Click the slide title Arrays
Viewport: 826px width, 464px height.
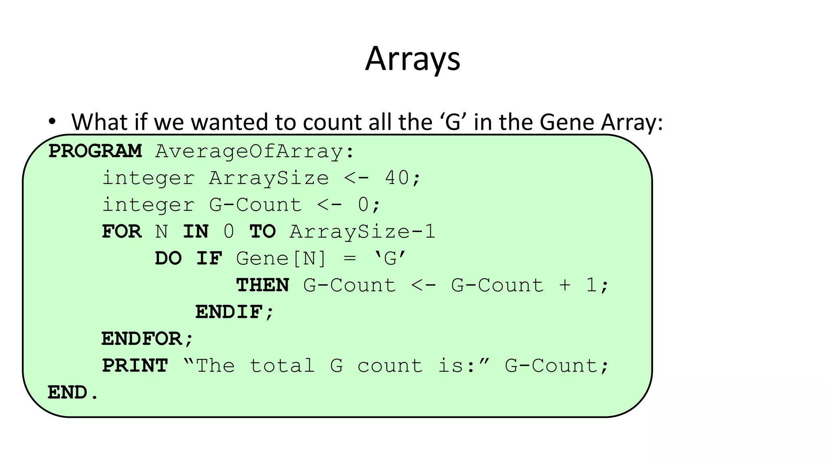click(413, 59)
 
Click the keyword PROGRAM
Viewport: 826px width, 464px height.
click(95, 151)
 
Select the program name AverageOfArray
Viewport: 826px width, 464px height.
click(249, 151)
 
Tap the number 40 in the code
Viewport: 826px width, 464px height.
click(397, 178)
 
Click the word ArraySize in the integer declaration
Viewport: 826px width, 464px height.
click(269, 178)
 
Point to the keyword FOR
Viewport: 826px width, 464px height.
click(121, 232)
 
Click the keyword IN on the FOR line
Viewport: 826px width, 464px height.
click(196, 232)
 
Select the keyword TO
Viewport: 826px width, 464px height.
click(263, 232)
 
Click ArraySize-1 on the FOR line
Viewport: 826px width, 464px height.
click(362, 232)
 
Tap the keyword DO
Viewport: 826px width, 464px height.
click(168, 258)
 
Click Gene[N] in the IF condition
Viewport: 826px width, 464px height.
click(281, 258)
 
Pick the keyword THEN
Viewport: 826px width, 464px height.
click(263, 285)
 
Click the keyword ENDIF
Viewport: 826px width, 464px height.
click(229, 312)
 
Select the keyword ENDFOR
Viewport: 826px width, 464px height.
click(142, 339)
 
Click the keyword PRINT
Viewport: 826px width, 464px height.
click(135, 366)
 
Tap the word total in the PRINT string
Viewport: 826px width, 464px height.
click(282, 366)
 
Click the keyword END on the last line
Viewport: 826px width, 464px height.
click(67, 392)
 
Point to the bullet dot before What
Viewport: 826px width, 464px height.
click(51, 121)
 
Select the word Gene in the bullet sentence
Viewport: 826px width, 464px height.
click(567, 122)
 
